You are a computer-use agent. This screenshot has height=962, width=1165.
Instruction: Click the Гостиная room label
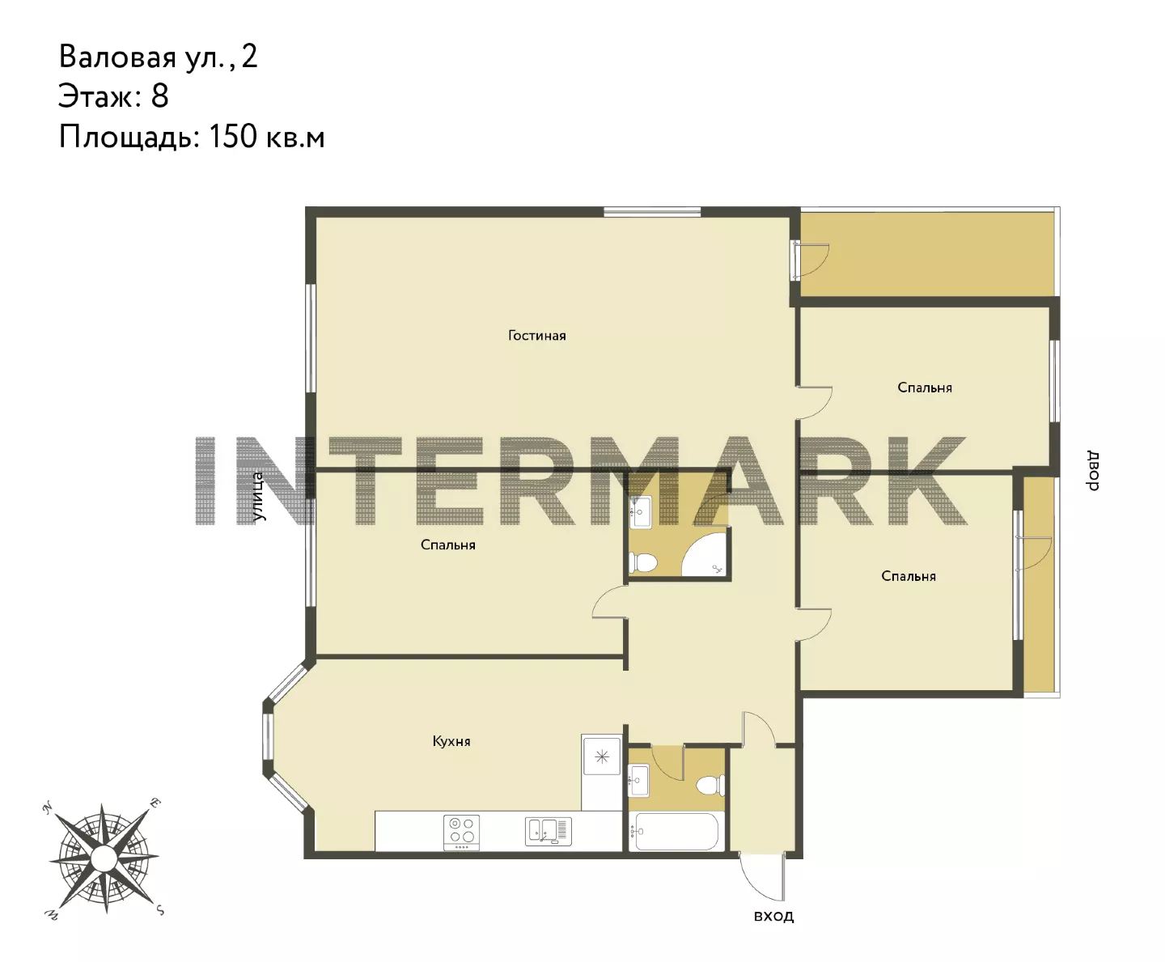pyautogui.click(x=536, y=335)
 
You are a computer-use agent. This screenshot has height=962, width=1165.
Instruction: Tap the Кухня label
pyautogui.click(x=451, y=741)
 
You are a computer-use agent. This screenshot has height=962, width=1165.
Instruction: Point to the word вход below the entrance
pyautogui.click(x=773, y=916)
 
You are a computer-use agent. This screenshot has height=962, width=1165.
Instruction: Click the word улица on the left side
pyautogui.click(x=257, y=496)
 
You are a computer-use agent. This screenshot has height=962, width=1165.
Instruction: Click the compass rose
pyautogui.click(x=104, y=858)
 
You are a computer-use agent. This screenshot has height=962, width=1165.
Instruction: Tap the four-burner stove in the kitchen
pyautogui.click(x=461, y=832)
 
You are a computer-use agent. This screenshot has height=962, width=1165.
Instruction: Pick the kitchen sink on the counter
pyautogui.click(x=549, y=832)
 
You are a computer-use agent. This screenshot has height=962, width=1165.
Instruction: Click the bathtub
pyautogui.click(x=677, y=831)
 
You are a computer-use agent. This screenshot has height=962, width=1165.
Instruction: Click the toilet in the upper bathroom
pyautogui.click(x=643, y=562)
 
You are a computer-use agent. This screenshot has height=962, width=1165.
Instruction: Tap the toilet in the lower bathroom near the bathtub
pyautogui.click(x=710, y=786)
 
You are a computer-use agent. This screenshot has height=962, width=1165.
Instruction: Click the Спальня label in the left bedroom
pyautogui.click(x=448, y=545)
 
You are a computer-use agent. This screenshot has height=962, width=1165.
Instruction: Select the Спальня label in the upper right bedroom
pyautogui.click(x=925, y=388)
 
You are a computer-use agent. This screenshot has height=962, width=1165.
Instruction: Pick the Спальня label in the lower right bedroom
pyautogui.click(x=909, y=576)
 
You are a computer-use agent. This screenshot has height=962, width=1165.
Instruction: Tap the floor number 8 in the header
pyautogui.click(x=159, y=96)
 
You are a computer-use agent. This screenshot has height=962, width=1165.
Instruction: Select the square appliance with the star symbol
pyautogui.click(x=602, y=756)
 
